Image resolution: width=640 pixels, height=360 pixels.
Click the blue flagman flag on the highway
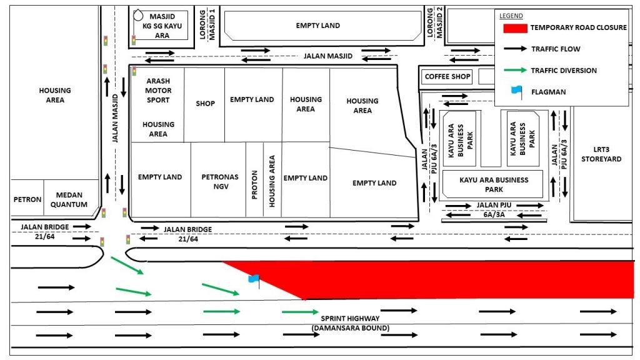click(x=254, y=279)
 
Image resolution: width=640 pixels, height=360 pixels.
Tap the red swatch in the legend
click(x=515, y=27)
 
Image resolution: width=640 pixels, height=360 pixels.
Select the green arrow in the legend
click(x=515, y=70)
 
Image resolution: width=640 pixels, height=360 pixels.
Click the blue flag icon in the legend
click(x=517, y=92)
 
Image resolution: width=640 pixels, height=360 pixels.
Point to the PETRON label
click(x=27, y=199)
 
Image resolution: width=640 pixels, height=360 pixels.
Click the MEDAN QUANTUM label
click(x=69, y=199)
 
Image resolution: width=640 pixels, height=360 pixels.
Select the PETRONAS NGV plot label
click(x=219, y=182)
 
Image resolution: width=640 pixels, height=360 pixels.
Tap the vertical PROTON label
click(x=255, y=185)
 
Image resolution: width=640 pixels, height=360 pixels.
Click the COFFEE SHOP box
click(x=447, y=77)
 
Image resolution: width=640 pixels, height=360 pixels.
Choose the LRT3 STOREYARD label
click(x=601, y=154)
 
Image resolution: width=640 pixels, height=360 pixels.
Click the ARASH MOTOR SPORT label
click(x=158, y=90)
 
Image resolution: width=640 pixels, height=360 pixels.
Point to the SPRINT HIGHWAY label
click(x=350, y=318)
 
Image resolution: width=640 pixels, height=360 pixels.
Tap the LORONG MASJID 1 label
click(x=207, y=24)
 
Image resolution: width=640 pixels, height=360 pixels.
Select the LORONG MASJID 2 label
click(x=434, y=22)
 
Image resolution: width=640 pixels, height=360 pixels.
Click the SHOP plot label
click(x=205, y=104)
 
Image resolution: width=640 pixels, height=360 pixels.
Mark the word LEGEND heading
click(x=511, y=16)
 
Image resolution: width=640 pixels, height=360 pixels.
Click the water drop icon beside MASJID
click(x=138, y=16)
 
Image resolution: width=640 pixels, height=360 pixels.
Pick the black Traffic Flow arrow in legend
click(x=515, y=49)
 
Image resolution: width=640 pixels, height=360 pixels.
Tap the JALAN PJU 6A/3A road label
click(x=494, y=210)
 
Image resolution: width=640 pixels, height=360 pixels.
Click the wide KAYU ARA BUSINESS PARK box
click(x=493, y=184)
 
